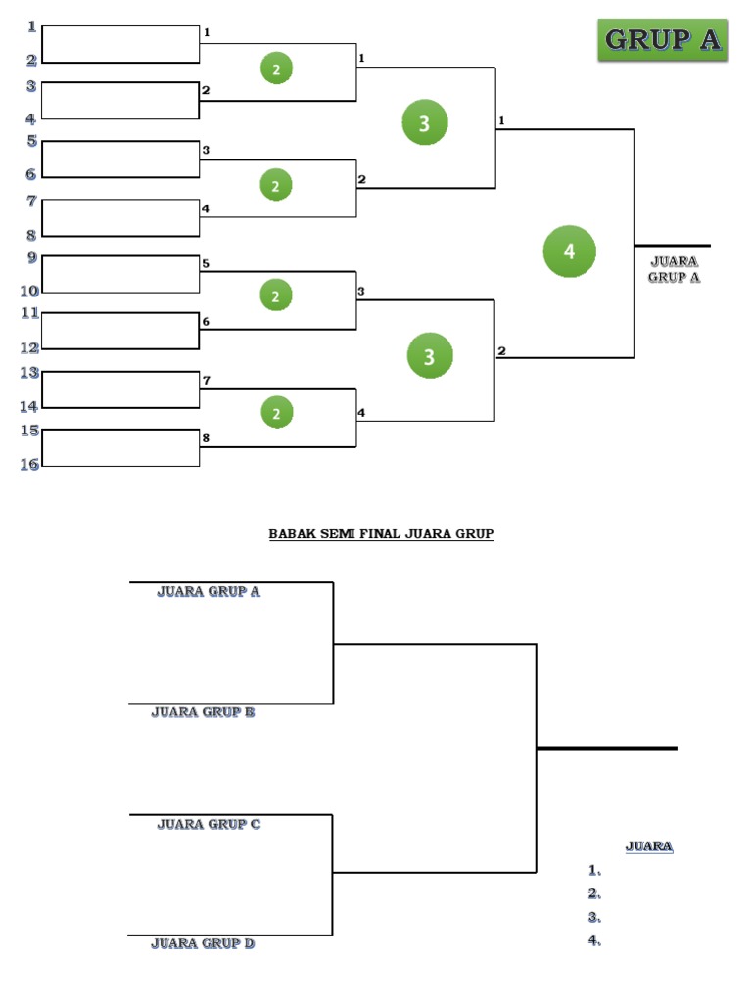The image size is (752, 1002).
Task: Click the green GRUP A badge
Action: click(x=663, y=40)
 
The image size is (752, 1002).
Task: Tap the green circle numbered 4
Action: click(x=570, y=251)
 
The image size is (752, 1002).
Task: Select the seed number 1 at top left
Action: click(x=32, y=26)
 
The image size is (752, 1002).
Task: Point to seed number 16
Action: click(x=30, y=464)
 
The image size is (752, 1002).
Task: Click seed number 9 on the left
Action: click(x=32, y=258)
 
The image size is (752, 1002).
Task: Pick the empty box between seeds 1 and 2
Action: click(x=120, y=45)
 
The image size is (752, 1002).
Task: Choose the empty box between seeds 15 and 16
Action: click(x=120, y=448)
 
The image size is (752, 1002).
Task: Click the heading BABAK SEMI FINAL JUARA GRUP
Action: click(x=381, y=534)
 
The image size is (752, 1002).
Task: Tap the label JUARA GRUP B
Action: click(x=203, y=712)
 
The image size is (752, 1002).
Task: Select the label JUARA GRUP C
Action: click(x=209, y=824)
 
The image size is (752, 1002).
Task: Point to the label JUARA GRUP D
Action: click(x=203, y=943)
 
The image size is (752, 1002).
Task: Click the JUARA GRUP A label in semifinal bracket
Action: click(x=209, y=591)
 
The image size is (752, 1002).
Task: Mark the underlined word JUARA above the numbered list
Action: click(x=649, y=846)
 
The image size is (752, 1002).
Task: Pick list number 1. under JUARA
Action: click(x=594, y=870)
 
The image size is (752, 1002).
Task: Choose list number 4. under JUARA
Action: click(x=594, y=941)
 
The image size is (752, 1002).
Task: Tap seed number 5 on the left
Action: click(x=32, y=141)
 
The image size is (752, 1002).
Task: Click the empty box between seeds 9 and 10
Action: click(x=120, y=274)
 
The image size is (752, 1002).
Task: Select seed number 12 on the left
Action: click(x=30, y=347)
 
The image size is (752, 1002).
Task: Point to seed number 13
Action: click(x=30, y=373)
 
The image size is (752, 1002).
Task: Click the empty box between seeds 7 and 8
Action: click(x=120, y=217)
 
